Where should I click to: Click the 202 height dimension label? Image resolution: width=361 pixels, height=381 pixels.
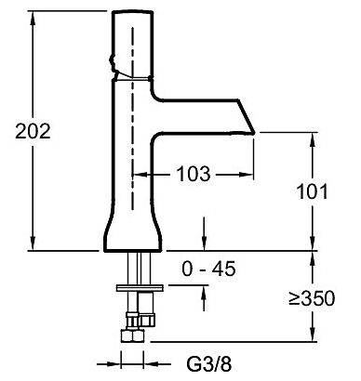pos(33,131)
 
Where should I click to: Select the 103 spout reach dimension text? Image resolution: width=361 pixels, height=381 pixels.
pos(194,174)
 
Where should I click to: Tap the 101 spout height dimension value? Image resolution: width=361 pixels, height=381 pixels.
pos(312,191)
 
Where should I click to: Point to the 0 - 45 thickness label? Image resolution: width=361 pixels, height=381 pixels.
pos(208,269)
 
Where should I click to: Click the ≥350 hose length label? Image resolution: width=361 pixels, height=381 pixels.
pos(312,298)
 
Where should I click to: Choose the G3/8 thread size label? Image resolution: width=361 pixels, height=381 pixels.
pos(209,363)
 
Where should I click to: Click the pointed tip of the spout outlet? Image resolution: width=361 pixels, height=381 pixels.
pos(254,133)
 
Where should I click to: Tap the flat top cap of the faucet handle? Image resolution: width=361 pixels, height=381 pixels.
pos(132,12)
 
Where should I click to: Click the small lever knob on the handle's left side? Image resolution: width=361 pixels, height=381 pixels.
pos(113,60)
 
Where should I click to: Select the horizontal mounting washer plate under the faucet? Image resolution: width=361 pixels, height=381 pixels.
pos(140,288)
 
